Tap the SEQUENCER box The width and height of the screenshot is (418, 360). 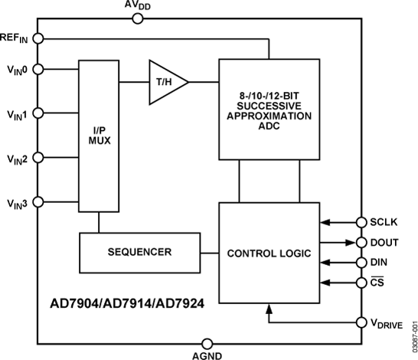pos(139,251)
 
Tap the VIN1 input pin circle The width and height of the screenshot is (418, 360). pos(38,113)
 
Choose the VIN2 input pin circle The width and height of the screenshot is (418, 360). pos(38,157)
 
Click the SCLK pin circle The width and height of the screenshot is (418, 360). pos(361,223)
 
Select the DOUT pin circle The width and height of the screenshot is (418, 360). pos(361,243)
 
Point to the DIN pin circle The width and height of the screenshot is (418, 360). pos(361,263)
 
